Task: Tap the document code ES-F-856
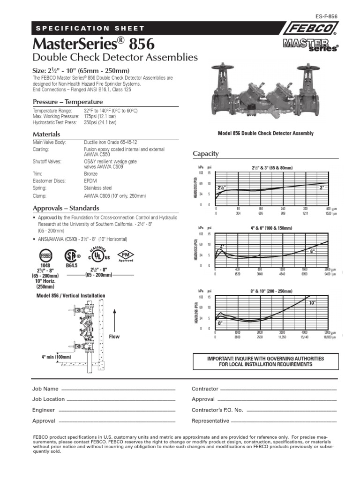point(326,16)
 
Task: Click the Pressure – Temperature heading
point(67,102)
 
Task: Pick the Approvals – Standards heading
point(65,208)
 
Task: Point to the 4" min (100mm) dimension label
point(56,357)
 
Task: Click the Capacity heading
point(206,154)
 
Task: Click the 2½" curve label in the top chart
point(221,187)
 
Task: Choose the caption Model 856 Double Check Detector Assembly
point(266,134)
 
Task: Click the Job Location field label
point(48,399)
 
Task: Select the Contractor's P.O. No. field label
point(217,410)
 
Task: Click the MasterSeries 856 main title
point(93,45)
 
